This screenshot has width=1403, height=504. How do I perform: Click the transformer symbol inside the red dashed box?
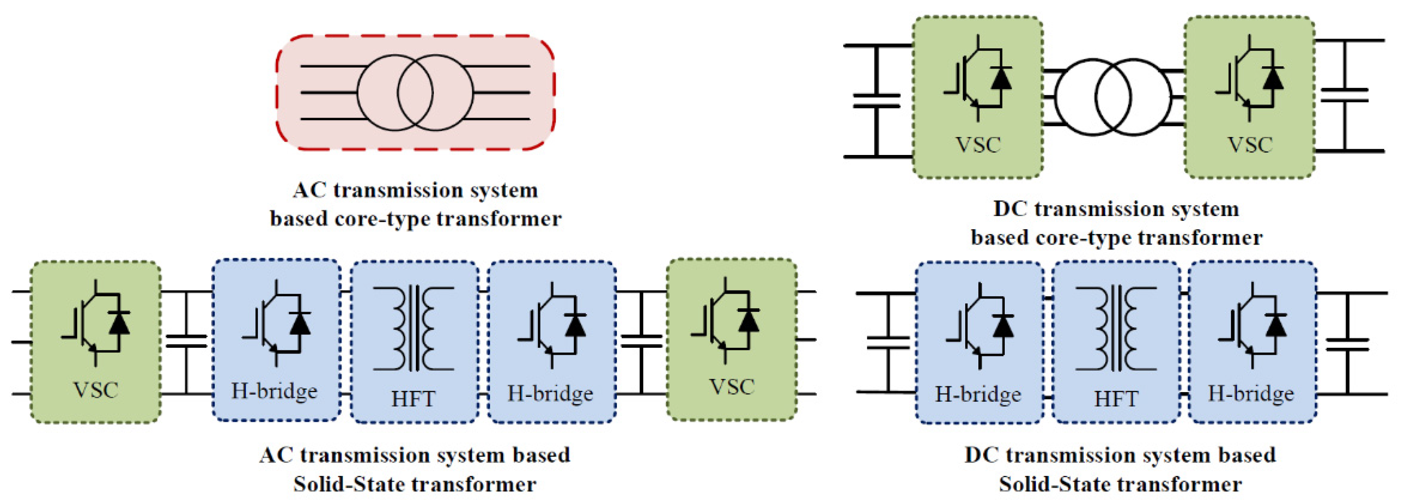click(x=415, y=93)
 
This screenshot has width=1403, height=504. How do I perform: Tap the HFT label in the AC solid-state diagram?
click(x=413, y=400)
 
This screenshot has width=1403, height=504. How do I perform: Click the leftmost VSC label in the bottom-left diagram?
click(x=95, y=390)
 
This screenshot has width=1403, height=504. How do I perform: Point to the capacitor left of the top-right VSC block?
click(x=876, y=101)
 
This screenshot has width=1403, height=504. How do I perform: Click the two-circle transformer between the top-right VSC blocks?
click(x=1113, y=97)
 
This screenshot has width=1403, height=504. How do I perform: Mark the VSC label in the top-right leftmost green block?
click(x=977, y=145)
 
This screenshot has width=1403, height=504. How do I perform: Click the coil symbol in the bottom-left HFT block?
click(x=413, y=328)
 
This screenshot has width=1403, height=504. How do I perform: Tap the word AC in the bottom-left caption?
click(x=276, y=455)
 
